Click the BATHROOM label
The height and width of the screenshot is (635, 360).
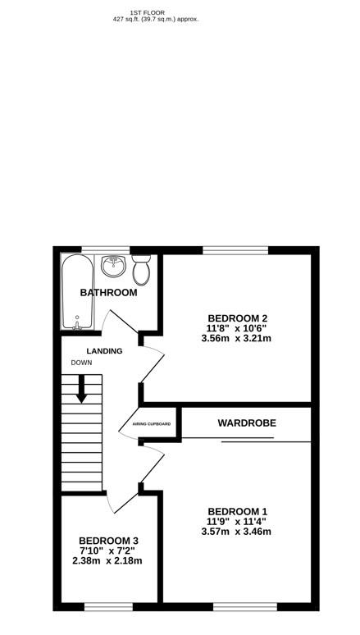pyautogui.click(x=108, y=293)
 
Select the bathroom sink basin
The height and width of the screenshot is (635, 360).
pyautogui.click(x=112, y=267)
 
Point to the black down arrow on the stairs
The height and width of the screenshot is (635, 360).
pyautogui.click(x=81, y=390)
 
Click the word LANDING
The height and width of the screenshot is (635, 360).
pyautogui.click(x=104, y=351)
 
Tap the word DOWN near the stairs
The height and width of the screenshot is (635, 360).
pyautogui.click(x=81, y=363)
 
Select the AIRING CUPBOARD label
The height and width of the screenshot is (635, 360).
pyautogui.click(x=152, y=424)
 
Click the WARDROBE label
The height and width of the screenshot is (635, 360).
pyautogui.click(x=246, y=423)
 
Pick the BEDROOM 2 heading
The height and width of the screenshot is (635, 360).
pyautogui.click(x=238, y=318)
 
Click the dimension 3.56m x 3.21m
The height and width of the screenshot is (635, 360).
pyautogui.click(x=238, y=338)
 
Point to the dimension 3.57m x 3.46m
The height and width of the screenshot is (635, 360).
pyautogui.click(x=236, y=531)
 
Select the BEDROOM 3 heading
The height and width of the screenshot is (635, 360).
pyautogui.click(x=107, y=541)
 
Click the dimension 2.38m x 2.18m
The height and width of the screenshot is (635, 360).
pyautogui.click(x=107, y=561)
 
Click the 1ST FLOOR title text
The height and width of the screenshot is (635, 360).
pyautogui.click(x=147, y=12)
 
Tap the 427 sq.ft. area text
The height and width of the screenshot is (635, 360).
pyautogui.click(x=156, y=19)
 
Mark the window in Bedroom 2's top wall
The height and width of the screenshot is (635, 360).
pyautogui.click(x=235, y=249)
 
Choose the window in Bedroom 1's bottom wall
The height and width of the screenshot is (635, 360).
pyautogui.click(x=238, y=606)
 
